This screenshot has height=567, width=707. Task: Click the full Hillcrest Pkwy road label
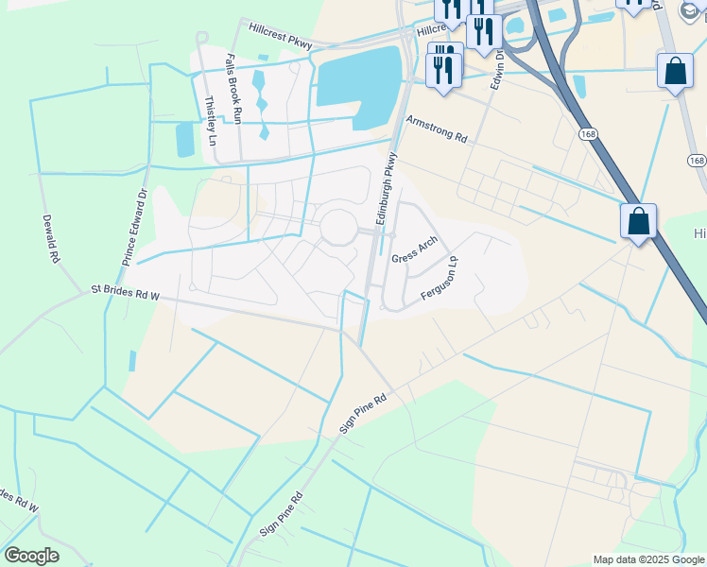281,37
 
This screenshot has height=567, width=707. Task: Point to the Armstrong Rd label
437,129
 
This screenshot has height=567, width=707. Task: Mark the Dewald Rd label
50,238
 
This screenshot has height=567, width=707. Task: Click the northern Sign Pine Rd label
364,412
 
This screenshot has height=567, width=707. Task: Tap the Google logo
31,556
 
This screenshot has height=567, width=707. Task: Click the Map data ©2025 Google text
648,559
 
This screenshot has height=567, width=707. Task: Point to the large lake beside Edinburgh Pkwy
358,78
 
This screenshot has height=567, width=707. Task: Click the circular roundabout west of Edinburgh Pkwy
337,228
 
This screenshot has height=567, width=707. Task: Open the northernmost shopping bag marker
675,71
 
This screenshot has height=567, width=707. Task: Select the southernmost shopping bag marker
638,222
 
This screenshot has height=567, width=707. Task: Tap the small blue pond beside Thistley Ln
184,140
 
